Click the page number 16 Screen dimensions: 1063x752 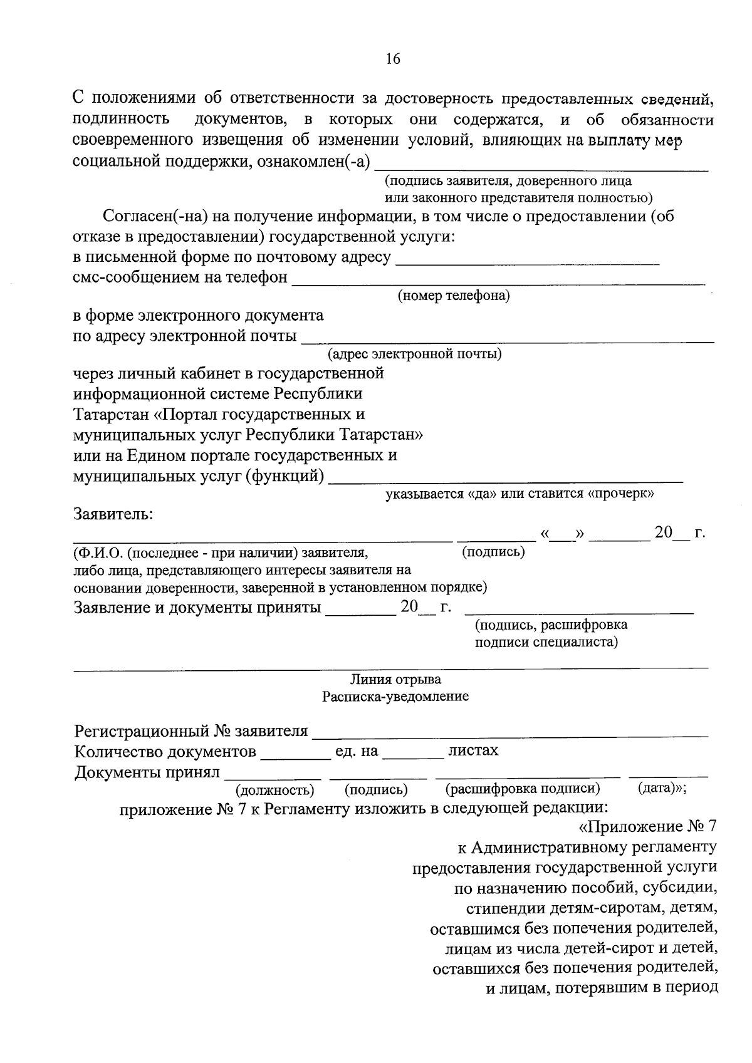(393, 59)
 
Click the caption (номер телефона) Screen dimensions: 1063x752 (454, 296)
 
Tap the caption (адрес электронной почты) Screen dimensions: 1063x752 (415, 355)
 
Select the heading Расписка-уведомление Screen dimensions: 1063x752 (395, 697)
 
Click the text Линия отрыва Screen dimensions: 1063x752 (395, 680)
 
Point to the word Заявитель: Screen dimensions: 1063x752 (113, 514)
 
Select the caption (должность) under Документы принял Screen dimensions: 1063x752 (274, 791)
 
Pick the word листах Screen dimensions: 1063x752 (473, 750)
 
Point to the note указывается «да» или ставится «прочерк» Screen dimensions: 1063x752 (520, 494)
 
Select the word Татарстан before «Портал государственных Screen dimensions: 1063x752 (111, 415)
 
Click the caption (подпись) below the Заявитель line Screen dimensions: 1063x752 (493, 552)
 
